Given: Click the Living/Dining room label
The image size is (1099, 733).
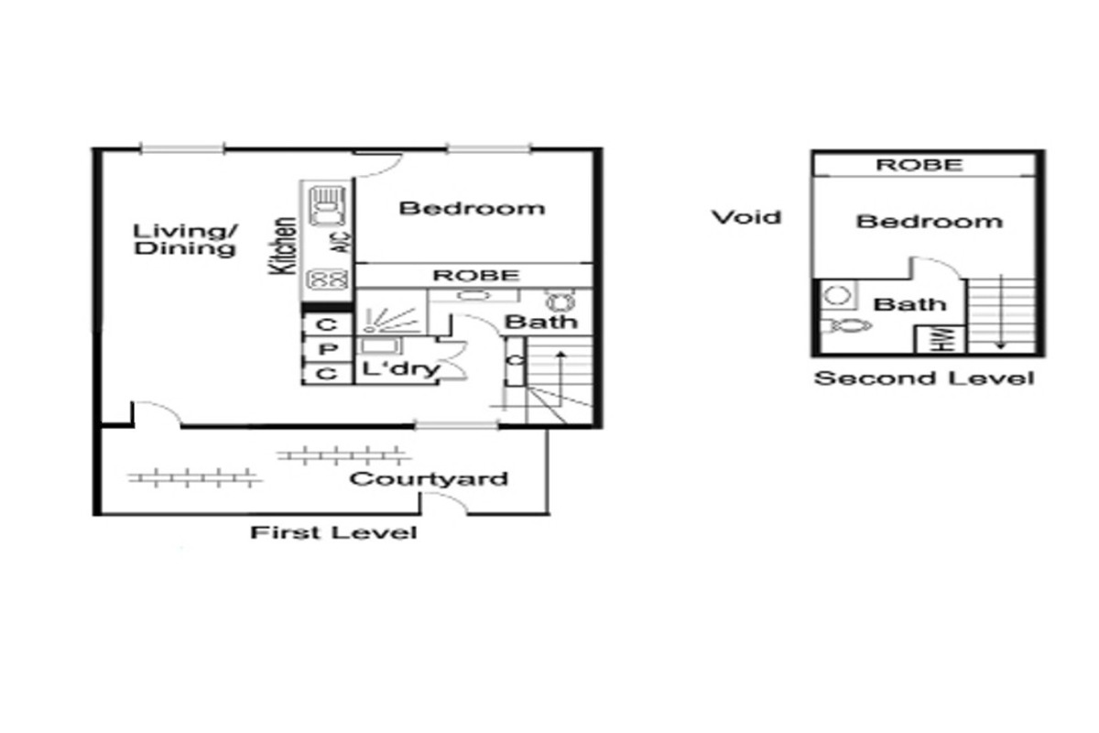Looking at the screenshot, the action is click(185, 239).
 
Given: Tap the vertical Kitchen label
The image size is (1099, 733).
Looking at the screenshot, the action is click(283, 246).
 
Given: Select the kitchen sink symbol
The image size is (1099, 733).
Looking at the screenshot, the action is click(327, 205).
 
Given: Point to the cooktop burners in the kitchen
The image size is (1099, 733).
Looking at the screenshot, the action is click(327, 279).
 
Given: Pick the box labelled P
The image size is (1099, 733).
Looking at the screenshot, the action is click(328, 350).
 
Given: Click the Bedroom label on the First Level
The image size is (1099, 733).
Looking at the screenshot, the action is click(472, 208).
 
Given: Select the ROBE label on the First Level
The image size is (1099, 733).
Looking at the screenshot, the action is click(475, 275).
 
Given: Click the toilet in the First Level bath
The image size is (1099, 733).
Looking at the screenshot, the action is click(560, 301).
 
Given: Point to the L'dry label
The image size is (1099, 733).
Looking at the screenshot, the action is click(401, 368).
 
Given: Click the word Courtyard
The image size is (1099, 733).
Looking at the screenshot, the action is click(429, 478).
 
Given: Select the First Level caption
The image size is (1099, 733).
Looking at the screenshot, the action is click(333, 532).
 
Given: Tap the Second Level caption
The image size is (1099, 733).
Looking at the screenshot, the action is click(924, 378).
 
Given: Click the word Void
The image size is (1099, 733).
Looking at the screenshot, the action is click(746, 217).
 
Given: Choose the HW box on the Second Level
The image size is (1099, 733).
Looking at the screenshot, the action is click(941, 339).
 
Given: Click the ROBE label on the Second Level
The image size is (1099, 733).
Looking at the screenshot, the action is click(919, 165).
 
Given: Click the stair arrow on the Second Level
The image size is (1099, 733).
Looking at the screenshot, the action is click(1001, 312).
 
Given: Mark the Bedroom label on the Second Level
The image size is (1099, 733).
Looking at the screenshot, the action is click(930, 222).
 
